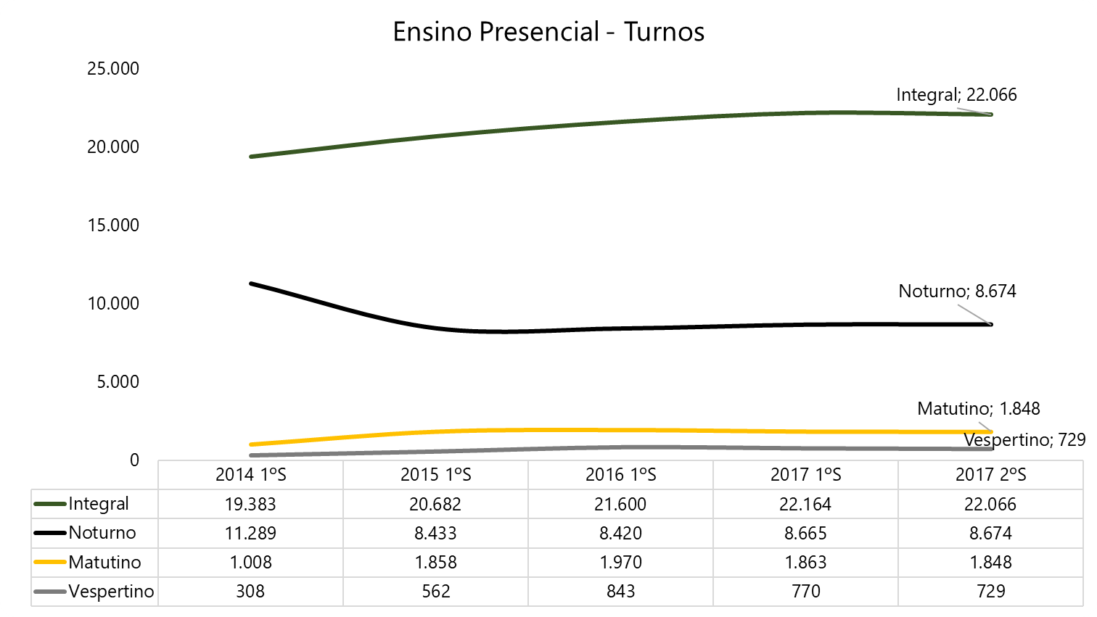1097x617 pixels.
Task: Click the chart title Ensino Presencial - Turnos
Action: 548,32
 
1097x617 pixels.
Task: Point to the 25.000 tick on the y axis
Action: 113,69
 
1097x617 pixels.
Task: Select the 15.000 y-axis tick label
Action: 113,225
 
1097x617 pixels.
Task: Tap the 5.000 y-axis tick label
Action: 118,382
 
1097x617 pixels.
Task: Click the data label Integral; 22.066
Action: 956,95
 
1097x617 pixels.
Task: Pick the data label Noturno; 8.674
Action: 957,291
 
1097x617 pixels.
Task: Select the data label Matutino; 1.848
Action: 978,409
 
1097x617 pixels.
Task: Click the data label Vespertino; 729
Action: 1024,440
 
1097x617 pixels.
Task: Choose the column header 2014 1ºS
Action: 250,475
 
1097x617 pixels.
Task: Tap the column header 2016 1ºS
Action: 620,475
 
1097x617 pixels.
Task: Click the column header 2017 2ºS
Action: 990,475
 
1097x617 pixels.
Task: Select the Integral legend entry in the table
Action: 98,504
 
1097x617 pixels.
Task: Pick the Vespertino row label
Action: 111,592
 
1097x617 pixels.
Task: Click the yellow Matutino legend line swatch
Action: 50,563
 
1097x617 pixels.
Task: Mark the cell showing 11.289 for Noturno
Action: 250,534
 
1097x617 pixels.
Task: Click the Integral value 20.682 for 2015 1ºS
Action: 435,505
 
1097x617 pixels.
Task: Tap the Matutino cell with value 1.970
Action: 620,563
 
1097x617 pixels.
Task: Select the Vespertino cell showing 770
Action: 805,592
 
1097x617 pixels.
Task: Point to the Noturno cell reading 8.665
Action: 805,534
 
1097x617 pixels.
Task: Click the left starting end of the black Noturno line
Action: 251,283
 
